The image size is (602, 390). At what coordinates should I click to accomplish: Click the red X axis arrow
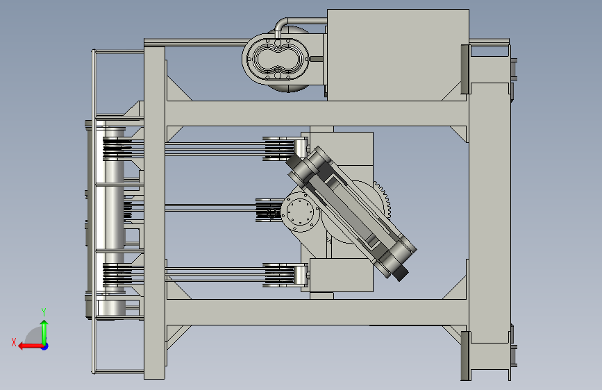click(x=31, y=346)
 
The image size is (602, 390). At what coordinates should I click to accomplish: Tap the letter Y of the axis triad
click(x=44, y=312)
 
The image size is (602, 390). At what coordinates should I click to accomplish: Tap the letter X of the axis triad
click(x=14, y=342)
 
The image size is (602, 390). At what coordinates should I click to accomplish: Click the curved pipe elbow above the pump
click(x=281, y=26)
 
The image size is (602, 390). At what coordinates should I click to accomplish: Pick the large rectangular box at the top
click(x=398, y=55)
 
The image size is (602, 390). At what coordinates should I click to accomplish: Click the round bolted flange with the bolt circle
click(x=300, y=212)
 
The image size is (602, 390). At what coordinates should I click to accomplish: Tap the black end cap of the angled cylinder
click(x=400, y=273)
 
